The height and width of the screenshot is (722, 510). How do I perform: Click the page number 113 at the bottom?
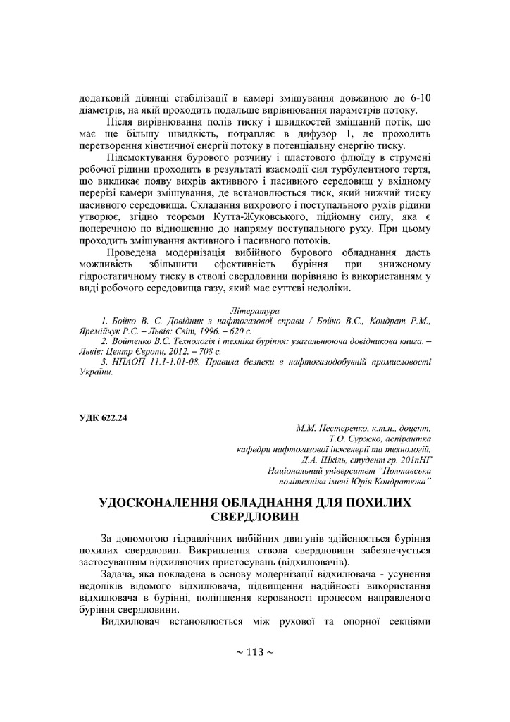254,652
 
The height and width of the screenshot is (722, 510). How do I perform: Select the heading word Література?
254,311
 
